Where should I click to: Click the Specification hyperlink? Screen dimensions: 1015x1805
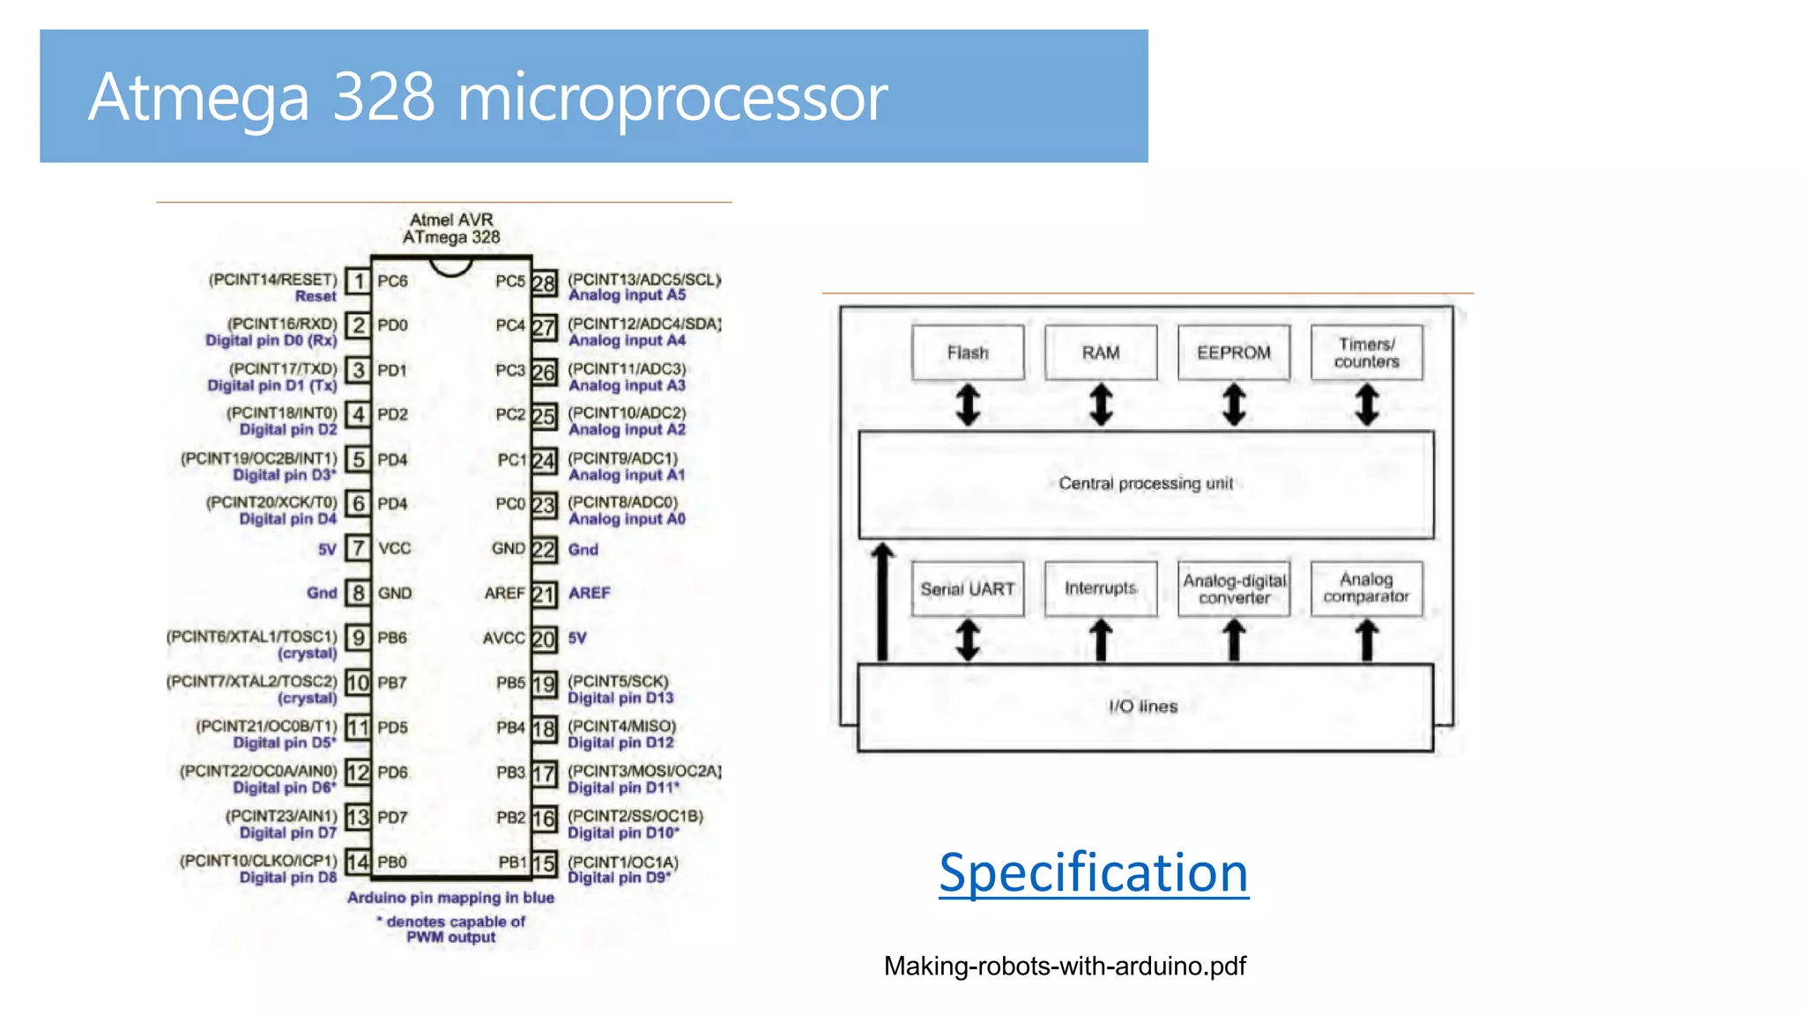tap(1093, 872)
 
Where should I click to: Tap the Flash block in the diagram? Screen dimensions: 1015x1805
tap(968, 352)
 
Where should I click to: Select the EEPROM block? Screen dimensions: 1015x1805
tap(1233, 352)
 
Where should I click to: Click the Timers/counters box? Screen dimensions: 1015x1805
tap(1366, 352)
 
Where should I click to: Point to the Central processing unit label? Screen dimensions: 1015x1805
tap(1146, 483)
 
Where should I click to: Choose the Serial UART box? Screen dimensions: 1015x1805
tap(968, 589)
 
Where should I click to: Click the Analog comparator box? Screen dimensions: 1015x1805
tap(1366, 589)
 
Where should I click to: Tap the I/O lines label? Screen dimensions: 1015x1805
tap(1143, 707)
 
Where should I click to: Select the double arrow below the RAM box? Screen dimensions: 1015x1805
tap(1101, 405)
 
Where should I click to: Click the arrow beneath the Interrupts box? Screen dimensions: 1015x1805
tap(1101, 640)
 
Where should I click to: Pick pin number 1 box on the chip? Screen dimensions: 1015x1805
tap(358, 281)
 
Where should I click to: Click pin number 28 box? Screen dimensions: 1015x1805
tap(544, 283)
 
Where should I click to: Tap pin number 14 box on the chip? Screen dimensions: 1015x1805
tap(357, 862)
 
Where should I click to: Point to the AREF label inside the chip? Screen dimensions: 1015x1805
tap(504, 594)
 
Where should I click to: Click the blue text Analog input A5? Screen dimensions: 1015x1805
tap(627, 295)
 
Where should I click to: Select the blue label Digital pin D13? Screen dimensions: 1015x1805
tap(620, 698)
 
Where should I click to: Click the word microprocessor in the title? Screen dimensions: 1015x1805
tap(672, 97)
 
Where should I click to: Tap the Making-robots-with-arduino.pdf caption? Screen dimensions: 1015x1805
tap(1065, 967)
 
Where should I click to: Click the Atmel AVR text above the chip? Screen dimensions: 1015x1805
tap(451, 219)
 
